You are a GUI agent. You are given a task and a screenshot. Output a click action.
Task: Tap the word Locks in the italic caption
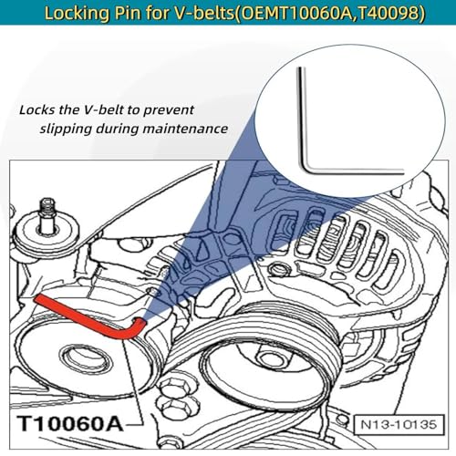(39, 109)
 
